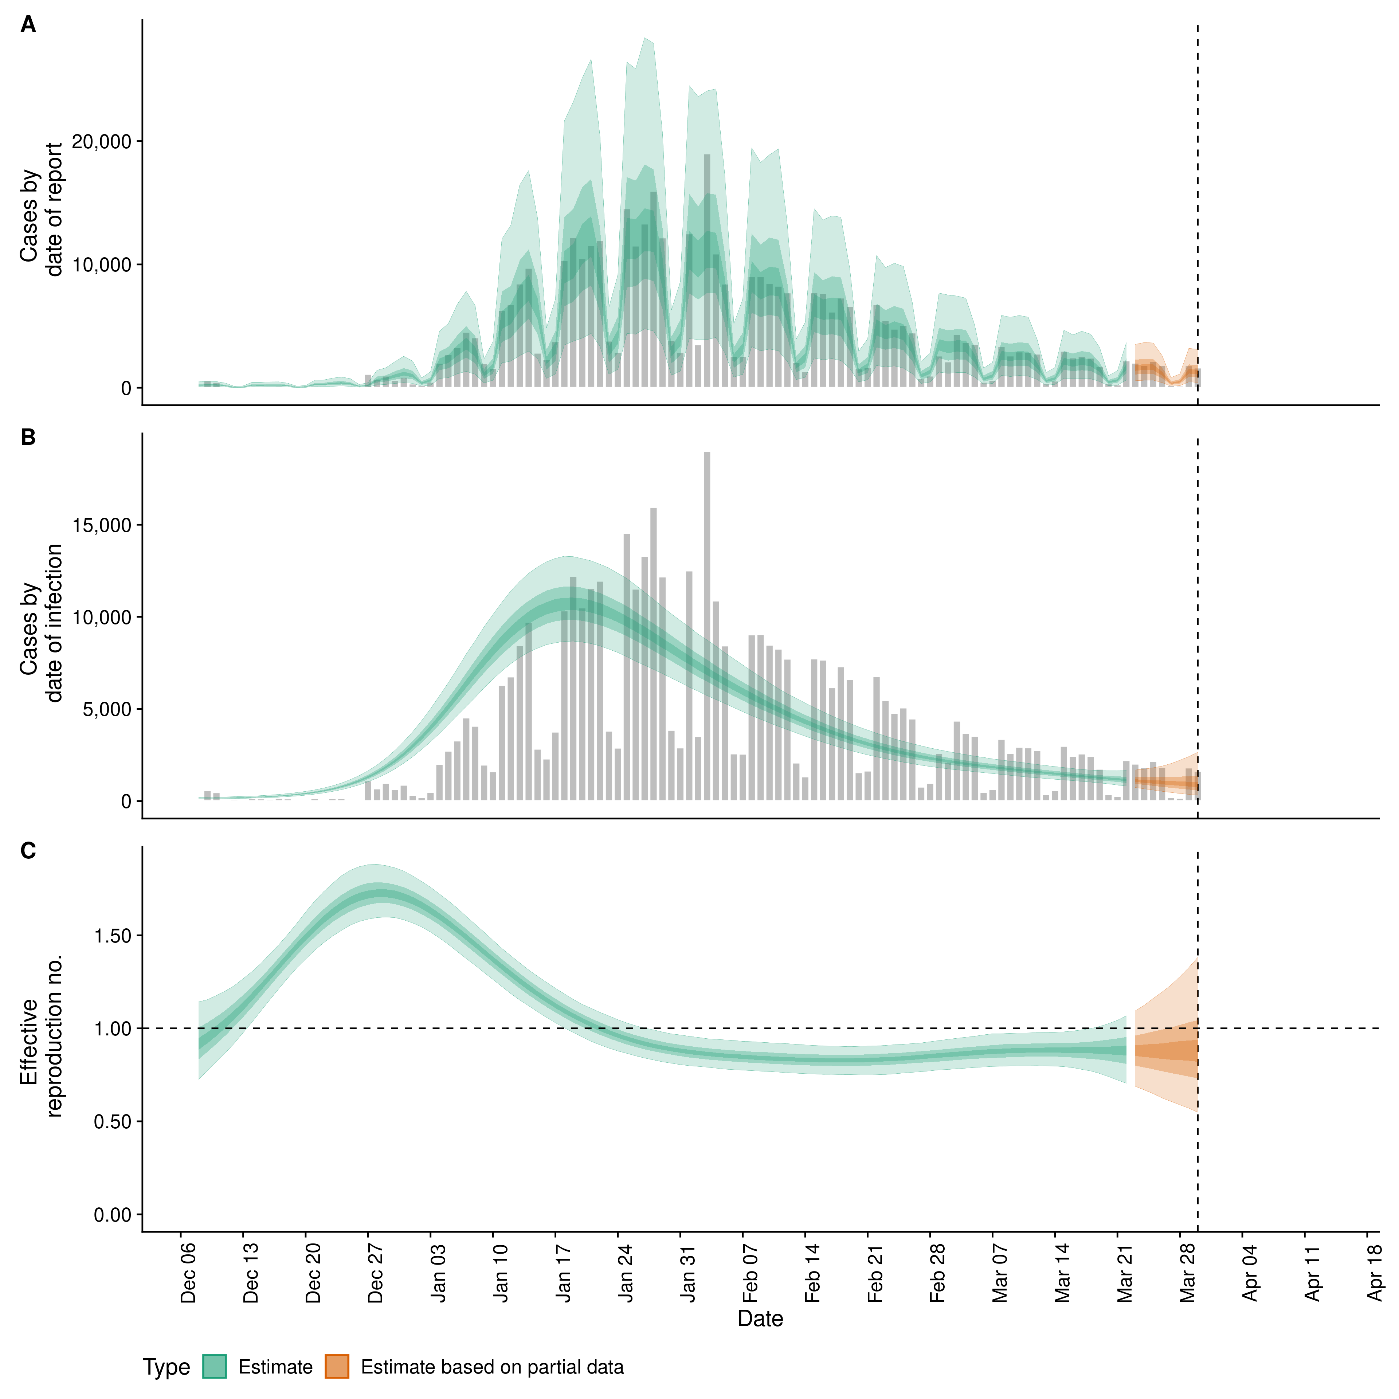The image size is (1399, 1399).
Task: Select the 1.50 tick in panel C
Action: click(112, 936)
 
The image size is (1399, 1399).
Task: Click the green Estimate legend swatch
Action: click(214, 1367)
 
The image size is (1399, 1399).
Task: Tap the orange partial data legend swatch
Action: click(337, 1367)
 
